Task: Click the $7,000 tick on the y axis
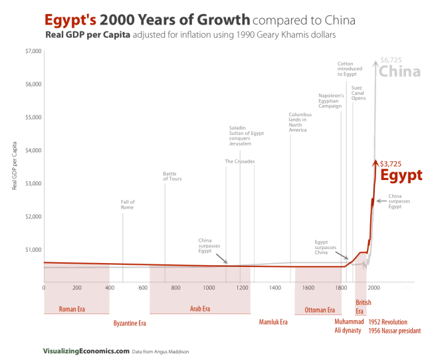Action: (x=31, y=52)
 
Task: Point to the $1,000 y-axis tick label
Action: (x=31, y=250)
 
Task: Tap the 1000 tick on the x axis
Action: (x=209, y=288)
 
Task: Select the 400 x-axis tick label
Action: (x=110, y=288)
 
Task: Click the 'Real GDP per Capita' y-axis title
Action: (x=15, y=166)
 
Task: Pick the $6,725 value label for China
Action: (x=391, y=60)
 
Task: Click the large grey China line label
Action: (x=399, y=72)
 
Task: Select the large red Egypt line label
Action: (x=401, y=176)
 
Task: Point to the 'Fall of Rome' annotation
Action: (x=128, y=205)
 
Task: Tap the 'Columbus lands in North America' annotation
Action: (x=299, y=122)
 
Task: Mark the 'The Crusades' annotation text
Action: (x=239, y=161)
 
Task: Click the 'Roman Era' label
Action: (x=72, y=310)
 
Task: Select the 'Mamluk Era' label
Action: (x=272, y=322)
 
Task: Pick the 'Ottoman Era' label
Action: (x=319, y=310)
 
